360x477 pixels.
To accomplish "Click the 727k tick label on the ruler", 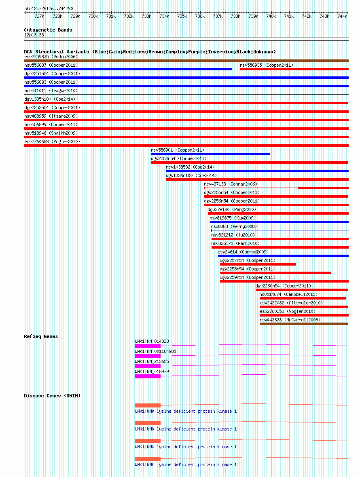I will pos(39,16).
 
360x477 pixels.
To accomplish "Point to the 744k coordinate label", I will pos(342,16).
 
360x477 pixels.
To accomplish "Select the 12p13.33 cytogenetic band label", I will pos(34,35).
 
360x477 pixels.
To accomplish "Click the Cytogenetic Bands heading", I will pos(48,30).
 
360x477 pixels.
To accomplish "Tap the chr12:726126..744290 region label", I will pos(49,8).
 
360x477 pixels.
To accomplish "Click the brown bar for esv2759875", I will pos(186,61).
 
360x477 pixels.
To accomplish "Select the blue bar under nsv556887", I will pos(128,69).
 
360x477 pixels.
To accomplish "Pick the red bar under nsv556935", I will pos(294,69).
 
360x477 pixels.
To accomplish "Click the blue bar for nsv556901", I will pos(210,154).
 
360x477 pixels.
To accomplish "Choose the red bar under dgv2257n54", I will pos(258,264).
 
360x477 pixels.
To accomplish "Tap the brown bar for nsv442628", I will pos(304,324).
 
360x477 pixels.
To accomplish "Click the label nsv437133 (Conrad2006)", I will pos(230,184).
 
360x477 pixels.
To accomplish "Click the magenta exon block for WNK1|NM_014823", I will pos(148,346).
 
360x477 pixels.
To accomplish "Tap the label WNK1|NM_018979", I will pos(152,371).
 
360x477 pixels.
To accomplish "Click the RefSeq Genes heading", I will pos(41,336).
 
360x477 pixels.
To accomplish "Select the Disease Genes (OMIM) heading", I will pos(52,396).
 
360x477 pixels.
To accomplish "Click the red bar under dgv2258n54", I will pos(275,273).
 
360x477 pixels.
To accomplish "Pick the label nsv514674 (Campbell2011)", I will pos(288,294).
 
